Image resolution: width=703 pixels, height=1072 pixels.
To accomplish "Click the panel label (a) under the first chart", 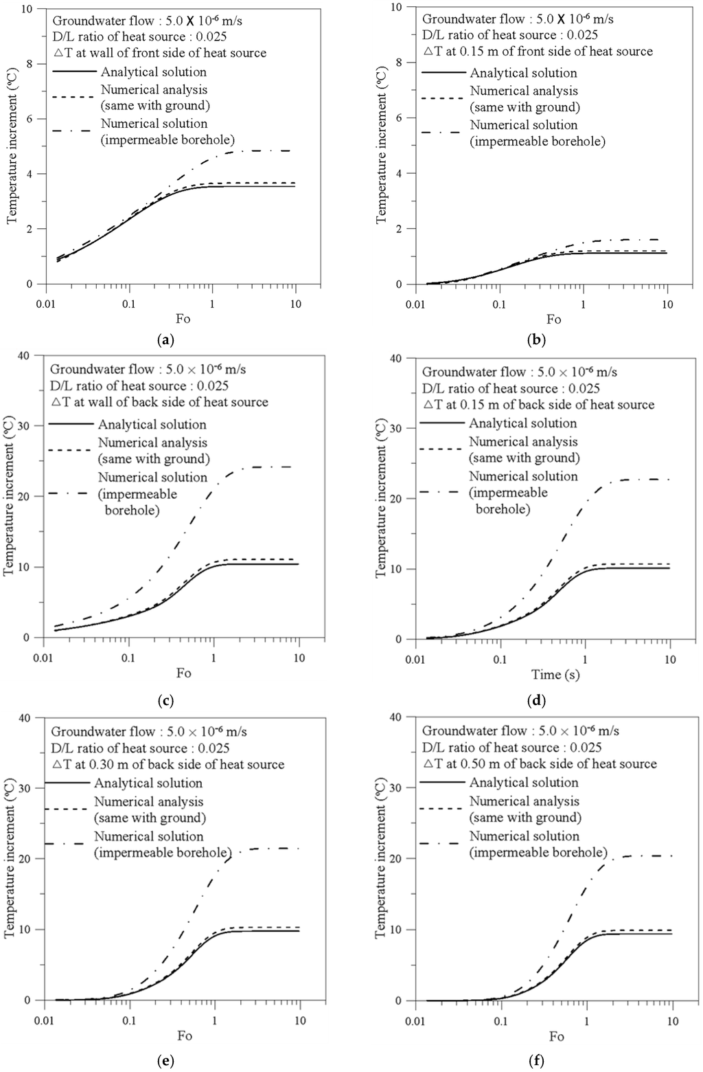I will click(x=165, y=339).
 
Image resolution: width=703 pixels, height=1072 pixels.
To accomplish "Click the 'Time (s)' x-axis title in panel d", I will click(x=555, y=675).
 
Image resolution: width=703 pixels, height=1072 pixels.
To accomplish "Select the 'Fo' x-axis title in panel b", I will click(x=554, y=319).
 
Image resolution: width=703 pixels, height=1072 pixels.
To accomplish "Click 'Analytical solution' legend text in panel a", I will click(x=154, y=71).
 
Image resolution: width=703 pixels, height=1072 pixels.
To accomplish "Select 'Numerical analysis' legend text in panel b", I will click(x=524, y=91).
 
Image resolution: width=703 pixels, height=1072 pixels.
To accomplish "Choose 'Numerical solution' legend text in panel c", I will click(x=152, y=477).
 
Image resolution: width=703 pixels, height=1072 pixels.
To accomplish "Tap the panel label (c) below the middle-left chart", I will click(x=165, y=701).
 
